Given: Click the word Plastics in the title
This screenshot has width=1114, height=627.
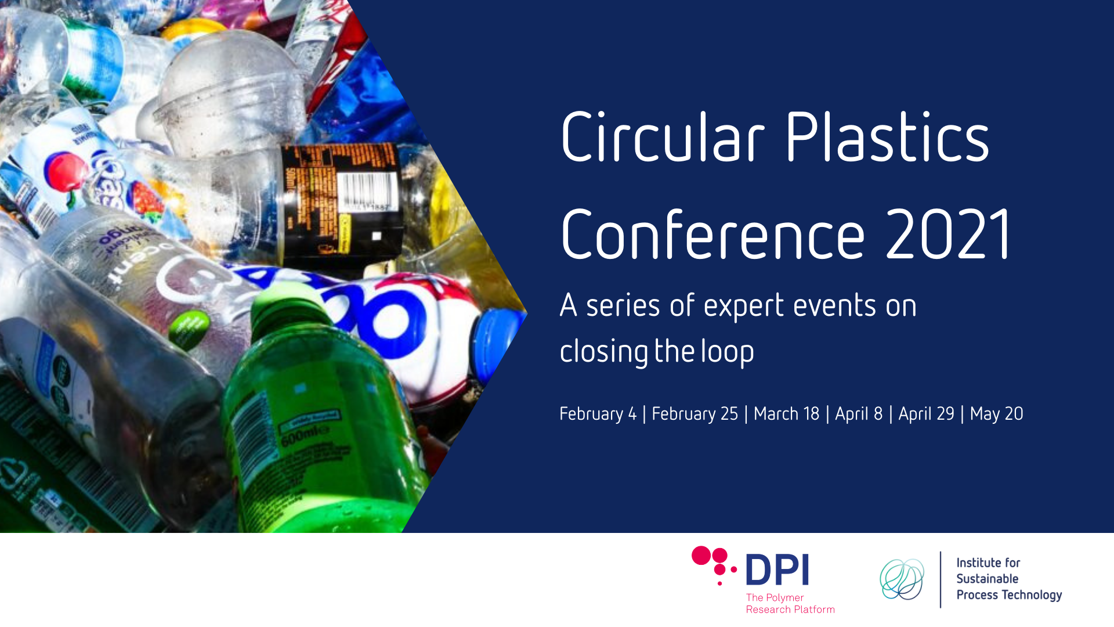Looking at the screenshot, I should tap(887, 137).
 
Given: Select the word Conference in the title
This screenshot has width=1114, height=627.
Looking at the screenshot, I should tap(712, 235).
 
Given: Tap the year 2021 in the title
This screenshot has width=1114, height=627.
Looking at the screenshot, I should tap(949, 235).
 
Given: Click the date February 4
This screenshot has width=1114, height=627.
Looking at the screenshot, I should tap(598, 414).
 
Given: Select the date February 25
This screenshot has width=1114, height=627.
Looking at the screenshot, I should tap(695, 414).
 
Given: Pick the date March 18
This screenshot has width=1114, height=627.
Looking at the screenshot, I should tap(786, 414).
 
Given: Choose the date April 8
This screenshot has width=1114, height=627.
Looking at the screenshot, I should tap(859, 414).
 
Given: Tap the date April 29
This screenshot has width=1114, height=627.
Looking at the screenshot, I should tap(926, 414).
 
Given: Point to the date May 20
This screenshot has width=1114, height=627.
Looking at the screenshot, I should tap(996, 414).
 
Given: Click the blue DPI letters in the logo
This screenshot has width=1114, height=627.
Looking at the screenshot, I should tap(777, 570).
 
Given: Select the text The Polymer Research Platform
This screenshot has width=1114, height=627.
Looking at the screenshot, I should tap(790, 603).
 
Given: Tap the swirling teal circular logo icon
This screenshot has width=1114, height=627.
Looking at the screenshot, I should tap(902, 579).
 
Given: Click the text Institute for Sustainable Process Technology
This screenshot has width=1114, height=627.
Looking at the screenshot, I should tap(1008, 579).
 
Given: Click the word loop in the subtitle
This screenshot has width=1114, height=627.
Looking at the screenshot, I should tap(728, 352).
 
